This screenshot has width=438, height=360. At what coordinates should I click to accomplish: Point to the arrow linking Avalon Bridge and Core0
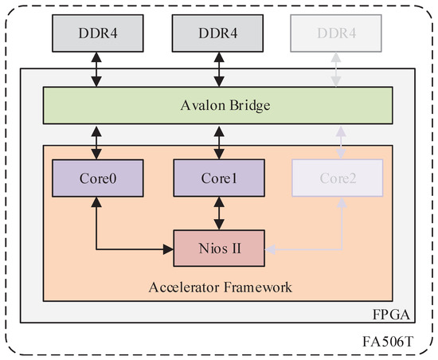(97, 142)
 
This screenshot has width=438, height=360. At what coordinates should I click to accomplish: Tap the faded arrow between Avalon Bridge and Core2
(342, 142)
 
